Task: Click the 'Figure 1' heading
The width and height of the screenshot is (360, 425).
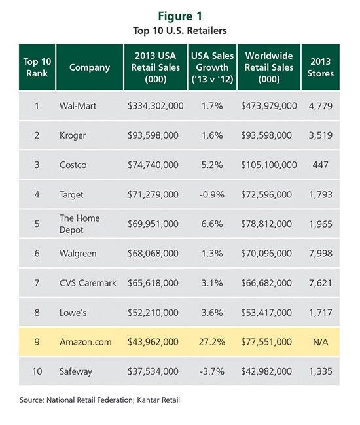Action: point(180,16)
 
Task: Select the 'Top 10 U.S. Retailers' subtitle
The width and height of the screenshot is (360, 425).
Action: point(180,30)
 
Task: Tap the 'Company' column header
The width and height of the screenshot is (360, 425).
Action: point(90,67)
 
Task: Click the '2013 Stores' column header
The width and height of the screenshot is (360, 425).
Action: point(320,67)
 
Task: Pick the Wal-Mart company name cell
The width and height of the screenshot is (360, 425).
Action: point(78,105)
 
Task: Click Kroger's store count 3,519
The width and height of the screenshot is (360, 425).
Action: point(320,135)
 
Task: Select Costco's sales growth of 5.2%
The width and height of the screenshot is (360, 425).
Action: point(212,165)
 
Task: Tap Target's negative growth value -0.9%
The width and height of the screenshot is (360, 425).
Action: point(212,194)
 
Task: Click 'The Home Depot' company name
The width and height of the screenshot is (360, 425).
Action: point(79,224)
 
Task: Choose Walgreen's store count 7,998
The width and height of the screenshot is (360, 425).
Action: point(320,253)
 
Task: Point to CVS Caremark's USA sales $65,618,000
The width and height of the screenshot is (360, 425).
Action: point(153,282)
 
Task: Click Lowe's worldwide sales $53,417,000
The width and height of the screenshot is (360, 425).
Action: point(266,313)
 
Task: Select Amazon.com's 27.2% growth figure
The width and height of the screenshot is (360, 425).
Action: point(212,342)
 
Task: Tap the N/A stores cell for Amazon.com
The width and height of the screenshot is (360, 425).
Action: point(320,342)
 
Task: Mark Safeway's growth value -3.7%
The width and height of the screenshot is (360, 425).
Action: point(212,371)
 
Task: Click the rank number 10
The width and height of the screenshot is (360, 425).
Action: point(37,371)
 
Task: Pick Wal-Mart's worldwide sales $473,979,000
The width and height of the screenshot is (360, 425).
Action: point(269,105)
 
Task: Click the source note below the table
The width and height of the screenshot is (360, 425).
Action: point(99,399)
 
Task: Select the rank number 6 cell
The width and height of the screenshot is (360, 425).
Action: point(37,253)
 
